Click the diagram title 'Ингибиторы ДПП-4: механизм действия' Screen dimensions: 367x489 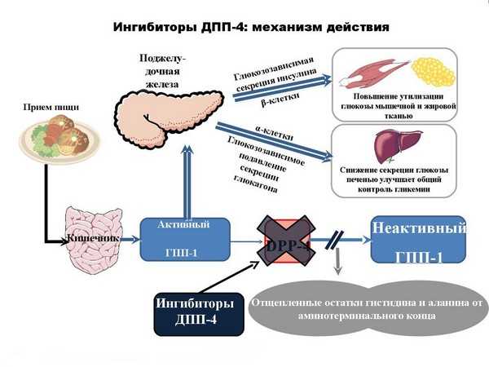tap(244, 27)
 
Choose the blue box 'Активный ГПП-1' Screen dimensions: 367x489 tap(180, 239)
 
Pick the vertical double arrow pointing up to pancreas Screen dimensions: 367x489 tap(188, 179)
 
